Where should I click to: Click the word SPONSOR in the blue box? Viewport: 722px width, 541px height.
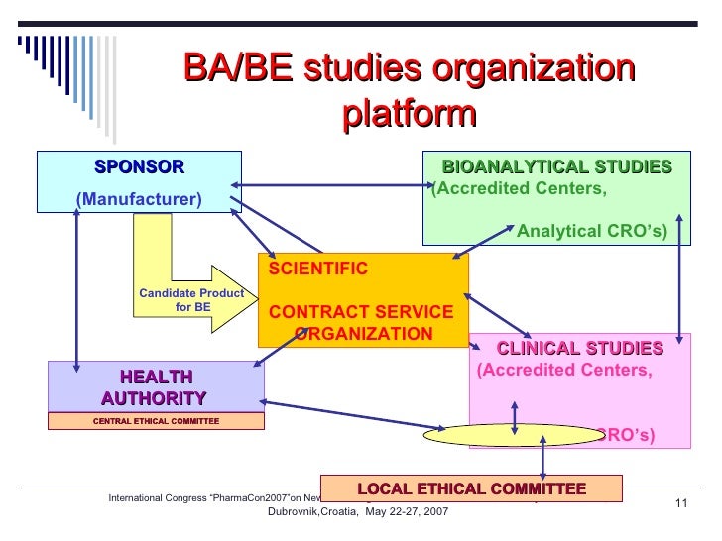139,166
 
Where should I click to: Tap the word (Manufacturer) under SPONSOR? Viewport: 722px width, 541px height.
139,200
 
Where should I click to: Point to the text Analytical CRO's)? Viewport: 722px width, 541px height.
592,232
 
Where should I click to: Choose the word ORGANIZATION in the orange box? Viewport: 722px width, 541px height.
364,333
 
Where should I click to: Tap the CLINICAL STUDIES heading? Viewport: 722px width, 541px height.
579,348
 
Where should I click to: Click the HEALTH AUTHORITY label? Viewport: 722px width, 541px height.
155,387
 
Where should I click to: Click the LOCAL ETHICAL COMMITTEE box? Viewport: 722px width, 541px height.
471,488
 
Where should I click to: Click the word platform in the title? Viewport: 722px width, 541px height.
410,114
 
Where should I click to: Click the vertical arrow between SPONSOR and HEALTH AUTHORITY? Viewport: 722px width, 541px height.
76,282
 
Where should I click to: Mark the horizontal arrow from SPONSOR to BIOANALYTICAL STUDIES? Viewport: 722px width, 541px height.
332,183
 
